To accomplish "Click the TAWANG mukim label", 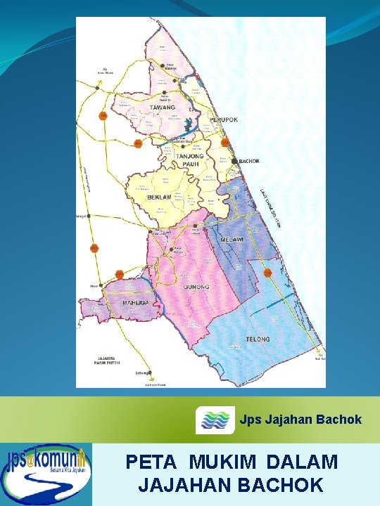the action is coord(163,108).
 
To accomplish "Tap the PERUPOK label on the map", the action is coord(224,120).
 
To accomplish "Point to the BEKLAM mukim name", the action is coord(159,197).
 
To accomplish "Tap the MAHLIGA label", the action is coord(134,303).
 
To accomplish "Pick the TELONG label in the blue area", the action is coord(258,339).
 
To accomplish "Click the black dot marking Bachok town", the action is coord(235,161).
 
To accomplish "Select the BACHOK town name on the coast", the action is coord(250,162).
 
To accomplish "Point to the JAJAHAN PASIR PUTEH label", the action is coord(108,361).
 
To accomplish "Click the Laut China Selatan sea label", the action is coord(272,207).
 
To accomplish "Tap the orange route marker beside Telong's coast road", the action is coord(267,272).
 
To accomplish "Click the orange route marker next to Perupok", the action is coord(225,143).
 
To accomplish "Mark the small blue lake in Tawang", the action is coord(187,127).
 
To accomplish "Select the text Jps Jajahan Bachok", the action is coord(300,420).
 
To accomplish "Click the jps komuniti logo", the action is coord(46,474).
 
